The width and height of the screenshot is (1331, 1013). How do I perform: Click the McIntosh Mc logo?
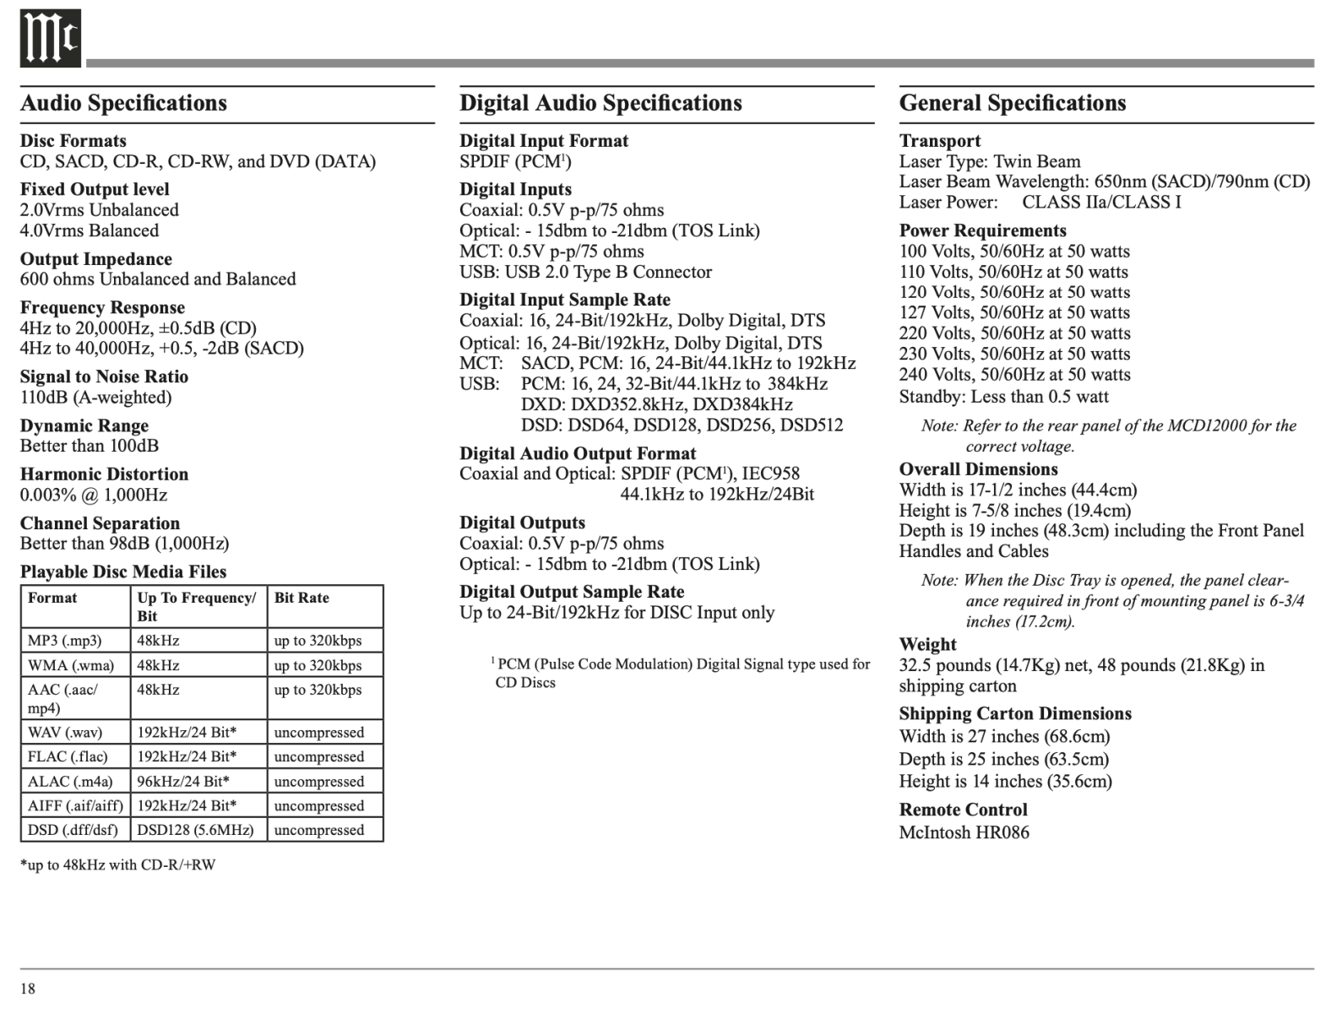pos(50,39)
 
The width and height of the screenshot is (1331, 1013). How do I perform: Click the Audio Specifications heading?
pos(123,103)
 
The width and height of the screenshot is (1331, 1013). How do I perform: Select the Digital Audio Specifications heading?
pos(600,103)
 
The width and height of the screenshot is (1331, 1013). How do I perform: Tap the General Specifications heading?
pos(1012,103)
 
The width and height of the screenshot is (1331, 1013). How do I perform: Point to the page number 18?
pos(28,989)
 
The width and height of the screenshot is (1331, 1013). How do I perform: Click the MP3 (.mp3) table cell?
pos(65,641)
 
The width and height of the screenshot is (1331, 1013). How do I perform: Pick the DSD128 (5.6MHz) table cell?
pos(195,830)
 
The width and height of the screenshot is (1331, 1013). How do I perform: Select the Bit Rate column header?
pos(302,598)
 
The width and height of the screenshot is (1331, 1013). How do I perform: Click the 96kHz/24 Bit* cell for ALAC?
pos(183,782)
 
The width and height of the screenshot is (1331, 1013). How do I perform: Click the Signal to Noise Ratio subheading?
pos(104,376)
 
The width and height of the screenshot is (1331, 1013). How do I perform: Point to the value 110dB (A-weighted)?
pos(95,398)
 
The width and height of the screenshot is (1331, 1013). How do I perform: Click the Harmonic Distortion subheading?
pos(104,474)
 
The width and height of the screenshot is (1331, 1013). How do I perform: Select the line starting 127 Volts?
pos(1014,313)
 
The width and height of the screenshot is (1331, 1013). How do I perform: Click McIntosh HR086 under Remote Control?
pos(964,833)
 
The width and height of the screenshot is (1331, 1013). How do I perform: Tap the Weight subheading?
pos(927,645)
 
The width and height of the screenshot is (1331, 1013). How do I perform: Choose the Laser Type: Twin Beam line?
pos(989,162)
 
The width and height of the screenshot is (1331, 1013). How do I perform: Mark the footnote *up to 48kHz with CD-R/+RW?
pos(117,865)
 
